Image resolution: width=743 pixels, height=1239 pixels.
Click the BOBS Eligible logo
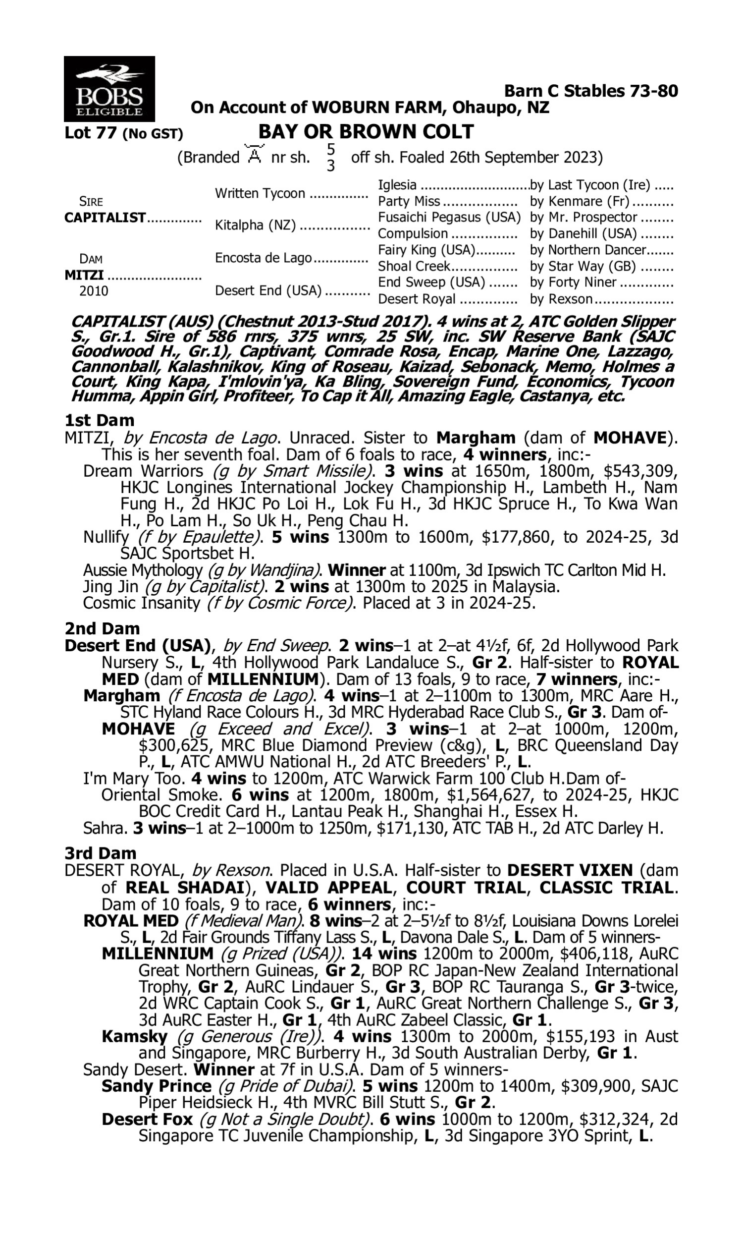(109, 89)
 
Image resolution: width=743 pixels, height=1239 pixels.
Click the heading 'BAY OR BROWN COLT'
(366, 132)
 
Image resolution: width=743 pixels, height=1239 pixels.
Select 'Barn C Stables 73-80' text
(591, 91)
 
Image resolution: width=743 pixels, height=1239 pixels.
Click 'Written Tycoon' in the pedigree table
(260, 193)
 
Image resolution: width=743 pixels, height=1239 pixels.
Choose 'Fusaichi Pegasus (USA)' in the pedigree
(449, 218)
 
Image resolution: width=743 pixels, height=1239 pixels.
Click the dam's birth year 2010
(94, 291)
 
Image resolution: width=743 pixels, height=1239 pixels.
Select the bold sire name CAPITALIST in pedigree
(105, 218)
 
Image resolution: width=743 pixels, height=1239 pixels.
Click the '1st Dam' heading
(100, 420)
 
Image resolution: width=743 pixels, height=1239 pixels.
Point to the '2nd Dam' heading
(102, 628)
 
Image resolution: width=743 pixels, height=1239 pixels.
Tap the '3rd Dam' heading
(100, 853)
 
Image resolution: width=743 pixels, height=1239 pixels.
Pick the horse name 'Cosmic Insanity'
(141, 603)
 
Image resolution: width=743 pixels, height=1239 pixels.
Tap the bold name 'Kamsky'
(134, 1036)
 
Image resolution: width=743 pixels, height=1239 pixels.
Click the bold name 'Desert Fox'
(147, 1119)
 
